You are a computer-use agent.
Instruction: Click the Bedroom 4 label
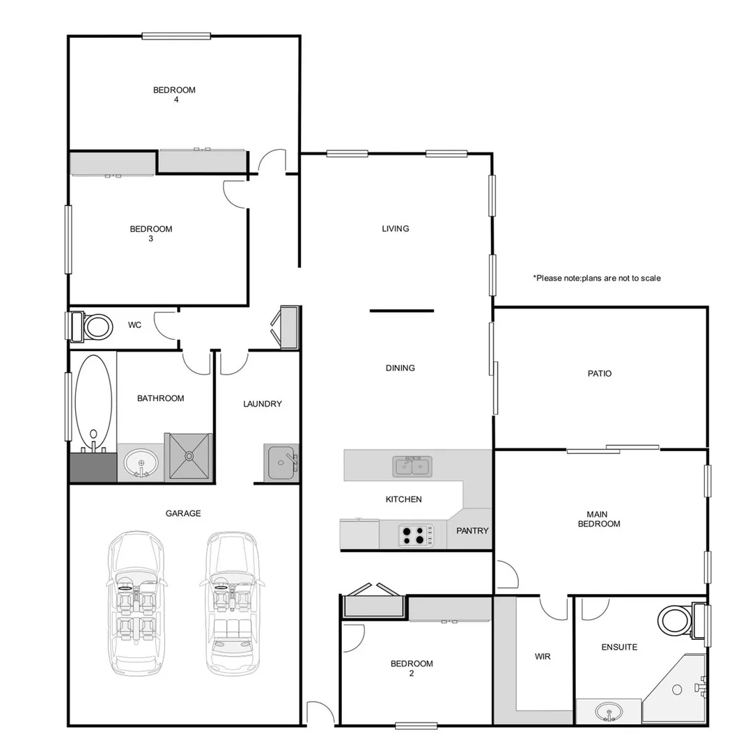(175, 95)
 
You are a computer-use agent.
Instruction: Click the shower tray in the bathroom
(188, 457)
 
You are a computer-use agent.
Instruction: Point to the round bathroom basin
(141, 463)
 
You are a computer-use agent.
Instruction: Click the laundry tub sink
(282, 462)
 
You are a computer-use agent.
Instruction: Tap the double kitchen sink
(412, 465)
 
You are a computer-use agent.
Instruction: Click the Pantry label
(472, 531)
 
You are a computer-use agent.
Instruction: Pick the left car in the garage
(137, 602)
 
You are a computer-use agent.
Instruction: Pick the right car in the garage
(232, 602)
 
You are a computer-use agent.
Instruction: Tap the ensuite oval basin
(609, 712)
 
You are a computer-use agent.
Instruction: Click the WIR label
(543, 657)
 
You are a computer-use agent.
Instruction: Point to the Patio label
(599, 374)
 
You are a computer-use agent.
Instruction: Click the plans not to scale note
(597, 279)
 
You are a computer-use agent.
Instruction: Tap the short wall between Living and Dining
(401, 311)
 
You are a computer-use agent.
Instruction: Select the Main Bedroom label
(598, 519)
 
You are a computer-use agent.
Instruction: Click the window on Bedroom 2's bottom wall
(416, 726)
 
